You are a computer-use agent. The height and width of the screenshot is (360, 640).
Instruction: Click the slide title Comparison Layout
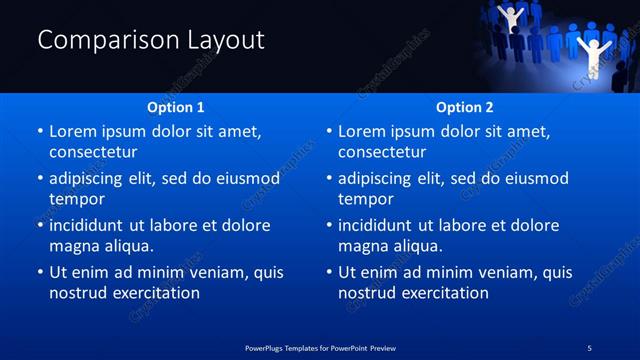(x=151, y=40)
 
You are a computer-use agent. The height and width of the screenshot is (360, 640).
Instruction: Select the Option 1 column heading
(x=176, y=107)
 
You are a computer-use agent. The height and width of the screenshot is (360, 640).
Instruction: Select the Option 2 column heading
(x=465, y=107)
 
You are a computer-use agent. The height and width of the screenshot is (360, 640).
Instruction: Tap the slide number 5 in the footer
(x=590, y=347)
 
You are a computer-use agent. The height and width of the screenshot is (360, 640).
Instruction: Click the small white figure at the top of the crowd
(x=510, y=17)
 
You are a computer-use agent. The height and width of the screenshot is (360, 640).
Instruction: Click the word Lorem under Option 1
(x=73, y=131)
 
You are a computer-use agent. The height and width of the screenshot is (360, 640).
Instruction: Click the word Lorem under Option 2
(x=362, y=131)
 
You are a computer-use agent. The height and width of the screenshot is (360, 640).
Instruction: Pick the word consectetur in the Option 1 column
(x=93, y=152)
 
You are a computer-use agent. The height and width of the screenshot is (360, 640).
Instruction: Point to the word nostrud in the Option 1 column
(x=76, y=293)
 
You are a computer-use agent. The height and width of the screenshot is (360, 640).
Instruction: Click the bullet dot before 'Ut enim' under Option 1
(x=39, y=272)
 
